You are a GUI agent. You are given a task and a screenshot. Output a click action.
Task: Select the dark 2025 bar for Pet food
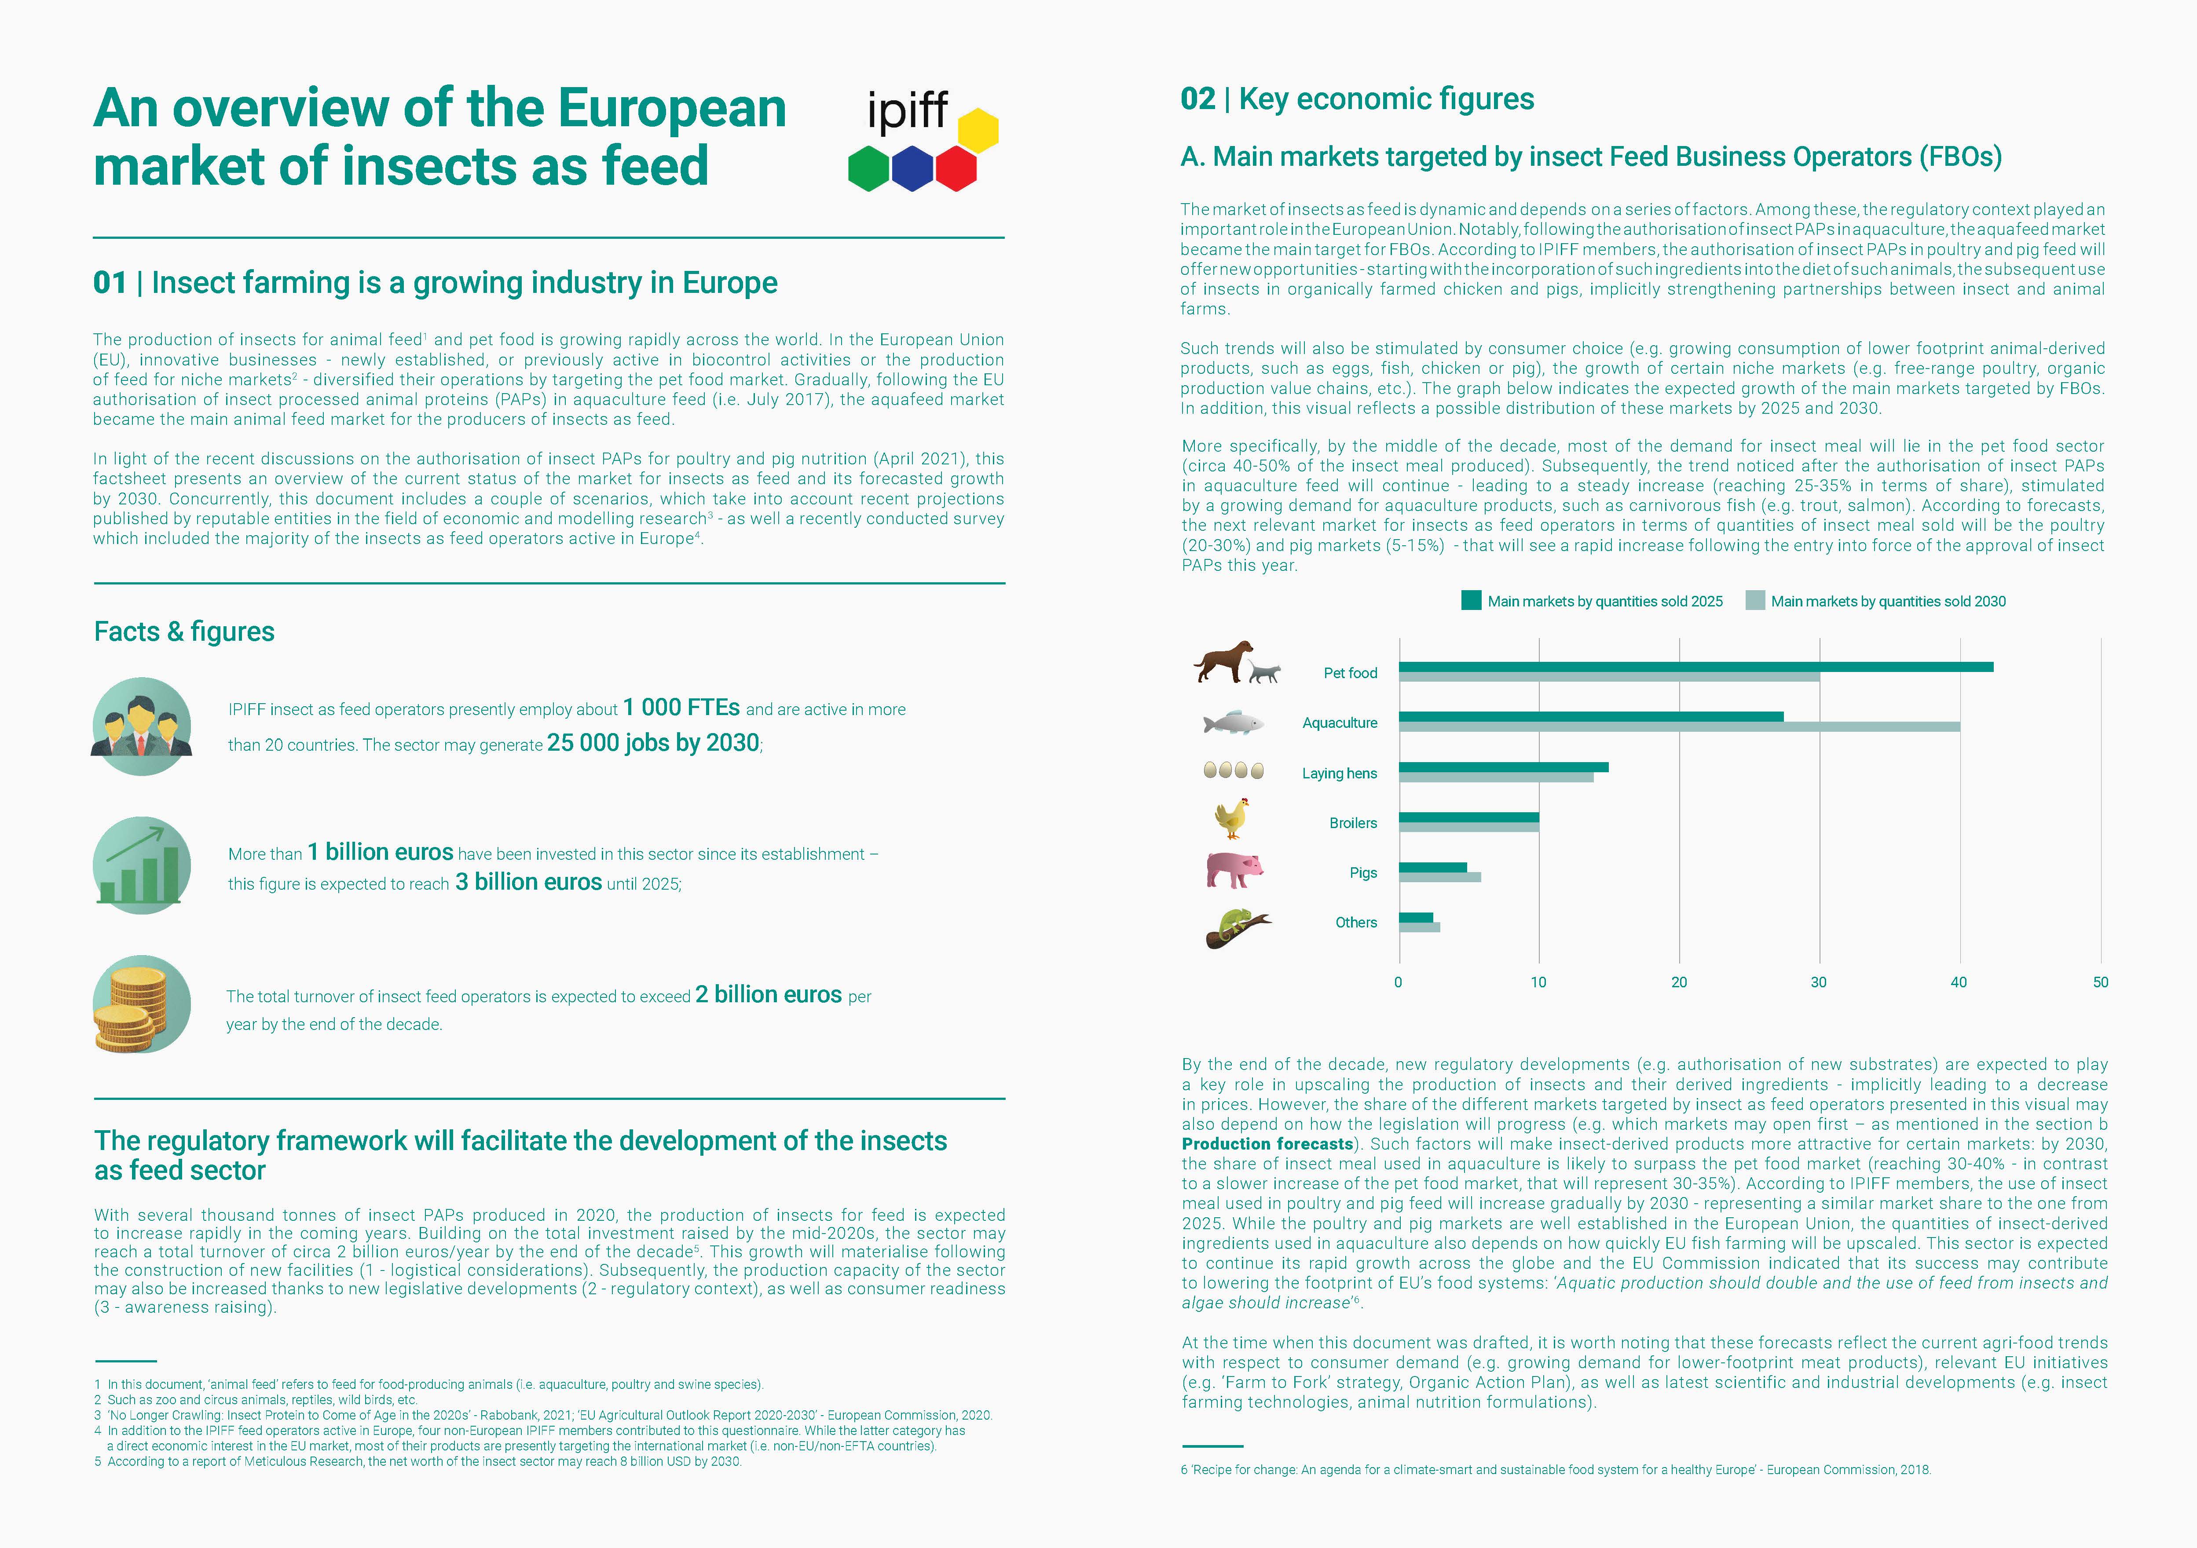coord(1695,667)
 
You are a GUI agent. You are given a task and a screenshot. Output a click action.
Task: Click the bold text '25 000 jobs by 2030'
coord(654,743)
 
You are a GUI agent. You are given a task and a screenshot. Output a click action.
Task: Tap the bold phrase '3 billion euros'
coord(528,882)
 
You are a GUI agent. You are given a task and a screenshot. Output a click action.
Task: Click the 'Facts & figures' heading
coord(184,632)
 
